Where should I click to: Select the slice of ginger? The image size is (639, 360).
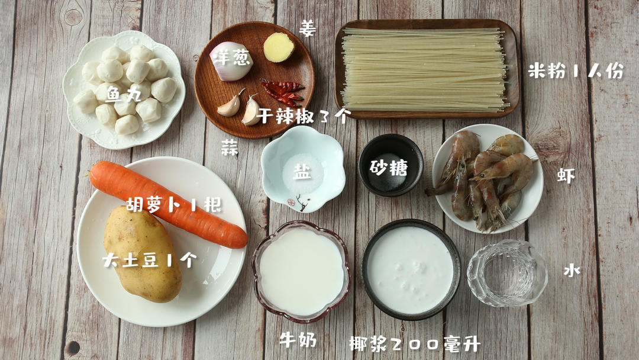pyautogui.click(x=279, y=47)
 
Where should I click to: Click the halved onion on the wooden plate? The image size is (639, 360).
pyautogui.click(x=231, y=60)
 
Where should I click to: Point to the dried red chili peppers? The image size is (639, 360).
pyautogui.click(x=283, y=92)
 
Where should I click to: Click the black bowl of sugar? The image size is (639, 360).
pyautogui.click(x=390, y=166)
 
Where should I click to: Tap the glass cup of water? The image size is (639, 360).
pyautogui.click(x=507, y=274)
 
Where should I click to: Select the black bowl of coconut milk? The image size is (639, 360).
pyautogui.click(x=411, y=269)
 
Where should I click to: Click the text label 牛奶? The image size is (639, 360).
pyautogui.click(x=298, y=340)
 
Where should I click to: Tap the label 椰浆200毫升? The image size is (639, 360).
pyautogui.click(x=414, y=343)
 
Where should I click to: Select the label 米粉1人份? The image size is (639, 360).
pyautogui.click(x=576, y=71)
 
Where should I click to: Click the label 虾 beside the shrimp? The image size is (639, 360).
pyautogui.click(x=566, y=175)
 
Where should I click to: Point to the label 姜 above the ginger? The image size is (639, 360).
pyautogui.click(x=308, y=28)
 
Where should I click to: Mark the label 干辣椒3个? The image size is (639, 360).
pyautogui.click(x=304, y=116)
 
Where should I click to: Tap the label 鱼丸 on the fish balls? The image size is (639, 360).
pyautogui.click(x=123, y=95)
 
